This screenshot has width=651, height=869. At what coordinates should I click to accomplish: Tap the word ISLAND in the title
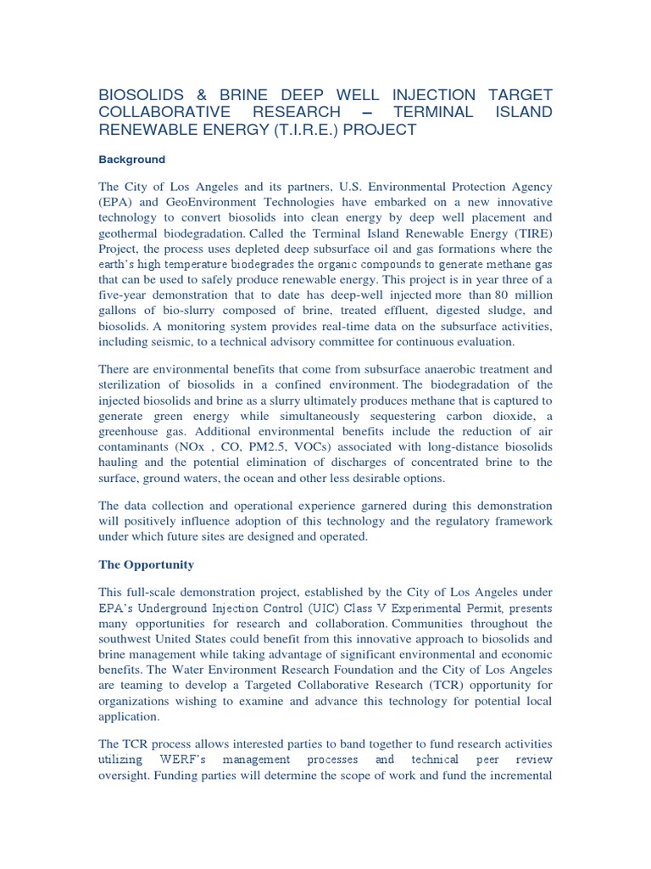pos(521,112)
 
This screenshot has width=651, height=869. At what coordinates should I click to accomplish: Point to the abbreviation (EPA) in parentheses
pos(114,202)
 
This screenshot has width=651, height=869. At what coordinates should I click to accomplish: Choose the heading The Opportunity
pos(146,564)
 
